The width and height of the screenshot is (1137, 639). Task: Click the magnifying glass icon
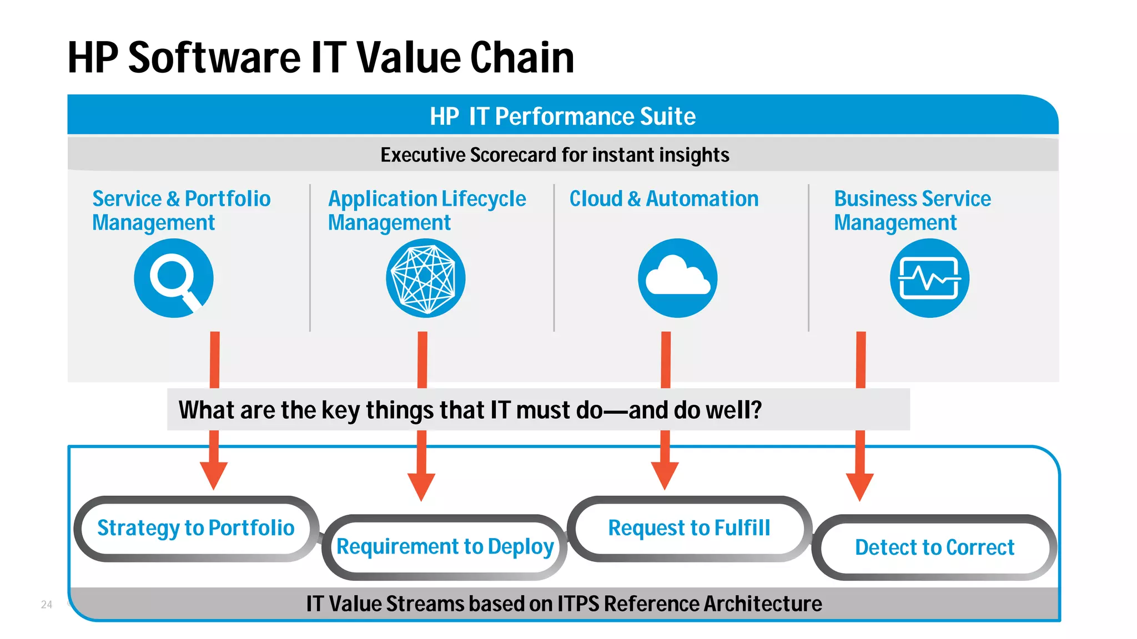pos(173,278)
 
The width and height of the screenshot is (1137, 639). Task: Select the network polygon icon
pos(425,278)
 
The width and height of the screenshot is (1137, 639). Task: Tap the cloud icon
pos(677,278)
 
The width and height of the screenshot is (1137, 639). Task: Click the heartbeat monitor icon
pos(929,278)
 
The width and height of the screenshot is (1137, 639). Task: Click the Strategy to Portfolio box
pos(196,528)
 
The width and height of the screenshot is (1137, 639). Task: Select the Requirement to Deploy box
pos(445,547)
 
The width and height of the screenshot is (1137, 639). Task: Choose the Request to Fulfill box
pos(689,528)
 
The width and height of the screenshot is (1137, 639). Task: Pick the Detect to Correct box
pos(934,547)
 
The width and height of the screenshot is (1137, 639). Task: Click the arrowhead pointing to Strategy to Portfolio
pos(214,475)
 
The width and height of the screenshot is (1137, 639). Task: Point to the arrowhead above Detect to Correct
pos(860,486)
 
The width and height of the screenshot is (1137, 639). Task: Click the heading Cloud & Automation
pos(664,199)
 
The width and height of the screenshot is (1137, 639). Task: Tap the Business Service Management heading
pos(912,210)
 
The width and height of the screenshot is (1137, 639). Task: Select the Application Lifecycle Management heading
pos(426,210)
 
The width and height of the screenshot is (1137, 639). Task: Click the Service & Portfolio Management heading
pos(181,210)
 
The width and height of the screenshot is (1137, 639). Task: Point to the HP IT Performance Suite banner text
pos(562,116)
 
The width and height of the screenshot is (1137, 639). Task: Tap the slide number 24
pos(47,605)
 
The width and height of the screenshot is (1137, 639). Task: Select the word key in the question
pos(340,410)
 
